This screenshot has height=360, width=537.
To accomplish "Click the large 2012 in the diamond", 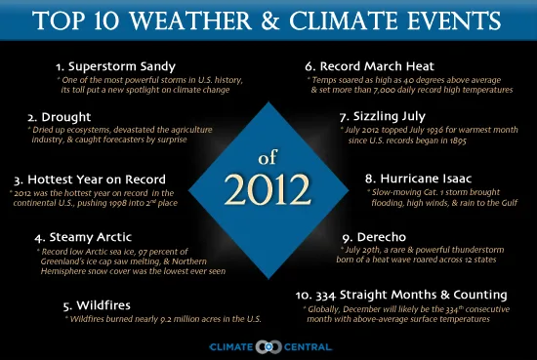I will pyautogui.click(x=268, y=185).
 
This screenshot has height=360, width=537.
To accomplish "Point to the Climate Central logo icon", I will pyautogui.click(x=268, y=345).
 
